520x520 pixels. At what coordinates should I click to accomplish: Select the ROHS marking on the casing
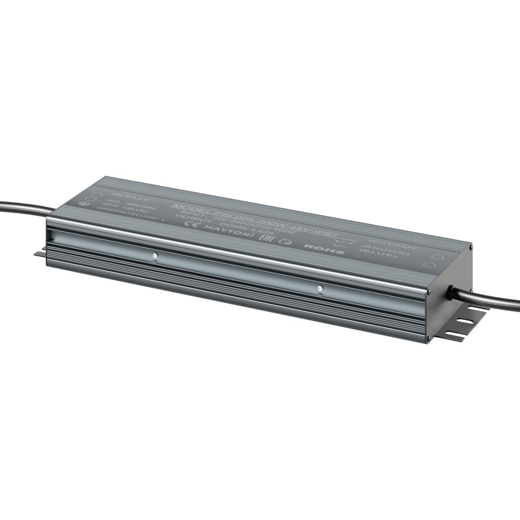tap(323, 249)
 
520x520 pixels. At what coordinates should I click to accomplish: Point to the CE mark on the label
tap(197, 224)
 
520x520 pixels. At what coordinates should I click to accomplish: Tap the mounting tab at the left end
tap(41, 254)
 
